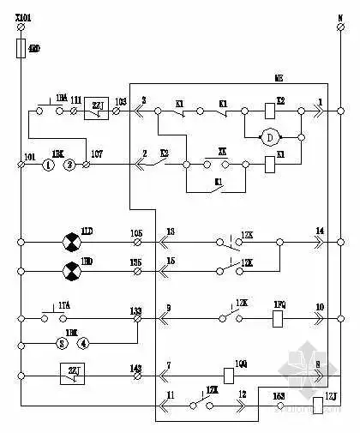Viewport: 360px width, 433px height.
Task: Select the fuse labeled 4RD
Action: coord(21,51)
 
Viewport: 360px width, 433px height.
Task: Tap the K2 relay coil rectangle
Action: coord(270,111)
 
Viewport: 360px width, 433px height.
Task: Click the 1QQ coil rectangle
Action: coord(229,375)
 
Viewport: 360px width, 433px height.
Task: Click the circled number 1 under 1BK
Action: coord(49,163)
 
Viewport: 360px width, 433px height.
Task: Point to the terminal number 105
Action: coord(135,233)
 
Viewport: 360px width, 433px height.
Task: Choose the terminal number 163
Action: coord(279,396)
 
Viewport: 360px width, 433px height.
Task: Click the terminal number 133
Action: coord(135,310)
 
